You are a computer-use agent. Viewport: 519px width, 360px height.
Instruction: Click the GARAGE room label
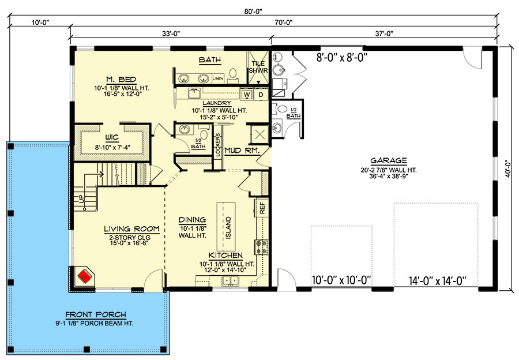click(389, 161)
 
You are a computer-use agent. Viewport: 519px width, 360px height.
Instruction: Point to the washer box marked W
click(246, 94)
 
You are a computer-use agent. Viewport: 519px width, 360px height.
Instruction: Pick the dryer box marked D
click(260, 94)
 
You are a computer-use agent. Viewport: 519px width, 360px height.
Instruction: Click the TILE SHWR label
click(258, 67)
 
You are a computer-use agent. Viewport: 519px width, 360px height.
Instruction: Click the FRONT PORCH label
click(96, 314)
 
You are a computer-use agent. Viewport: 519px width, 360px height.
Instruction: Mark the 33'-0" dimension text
click(170, 33)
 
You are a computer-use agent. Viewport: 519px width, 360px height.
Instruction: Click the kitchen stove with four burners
click(261, 247)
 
